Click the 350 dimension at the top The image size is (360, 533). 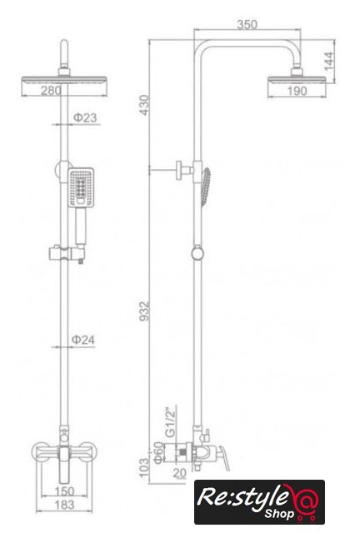click(x=247, y=24)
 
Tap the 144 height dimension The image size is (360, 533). click(x=328, y=61)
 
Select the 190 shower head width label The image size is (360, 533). click(x=297, y=91)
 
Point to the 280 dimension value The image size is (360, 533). click(x=52, y=90)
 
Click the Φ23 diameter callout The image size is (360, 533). click(x=85, y=117)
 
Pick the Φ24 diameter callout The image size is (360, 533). click(x=83, y=340)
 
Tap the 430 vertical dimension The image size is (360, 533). click(x=144, y=105)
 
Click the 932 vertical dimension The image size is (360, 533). click(x=144, y=311)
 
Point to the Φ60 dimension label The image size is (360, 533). click(x=158, y=452)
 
